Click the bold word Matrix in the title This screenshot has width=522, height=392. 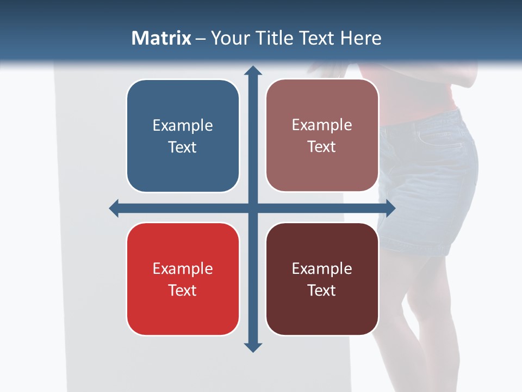tap(161, 38)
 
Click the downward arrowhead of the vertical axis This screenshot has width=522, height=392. tap(253, 347)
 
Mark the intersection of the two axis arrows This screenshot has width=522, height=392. tap(253, 208)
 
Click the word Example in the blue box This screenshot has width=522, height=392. tap(183, 126)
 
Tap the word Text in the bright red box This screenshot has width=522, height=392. tap(183, 290)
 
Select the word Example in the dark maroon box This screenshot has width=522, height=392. tap(322, 268)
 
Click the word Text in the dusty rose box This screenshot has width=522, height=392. tap(322, 147)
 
